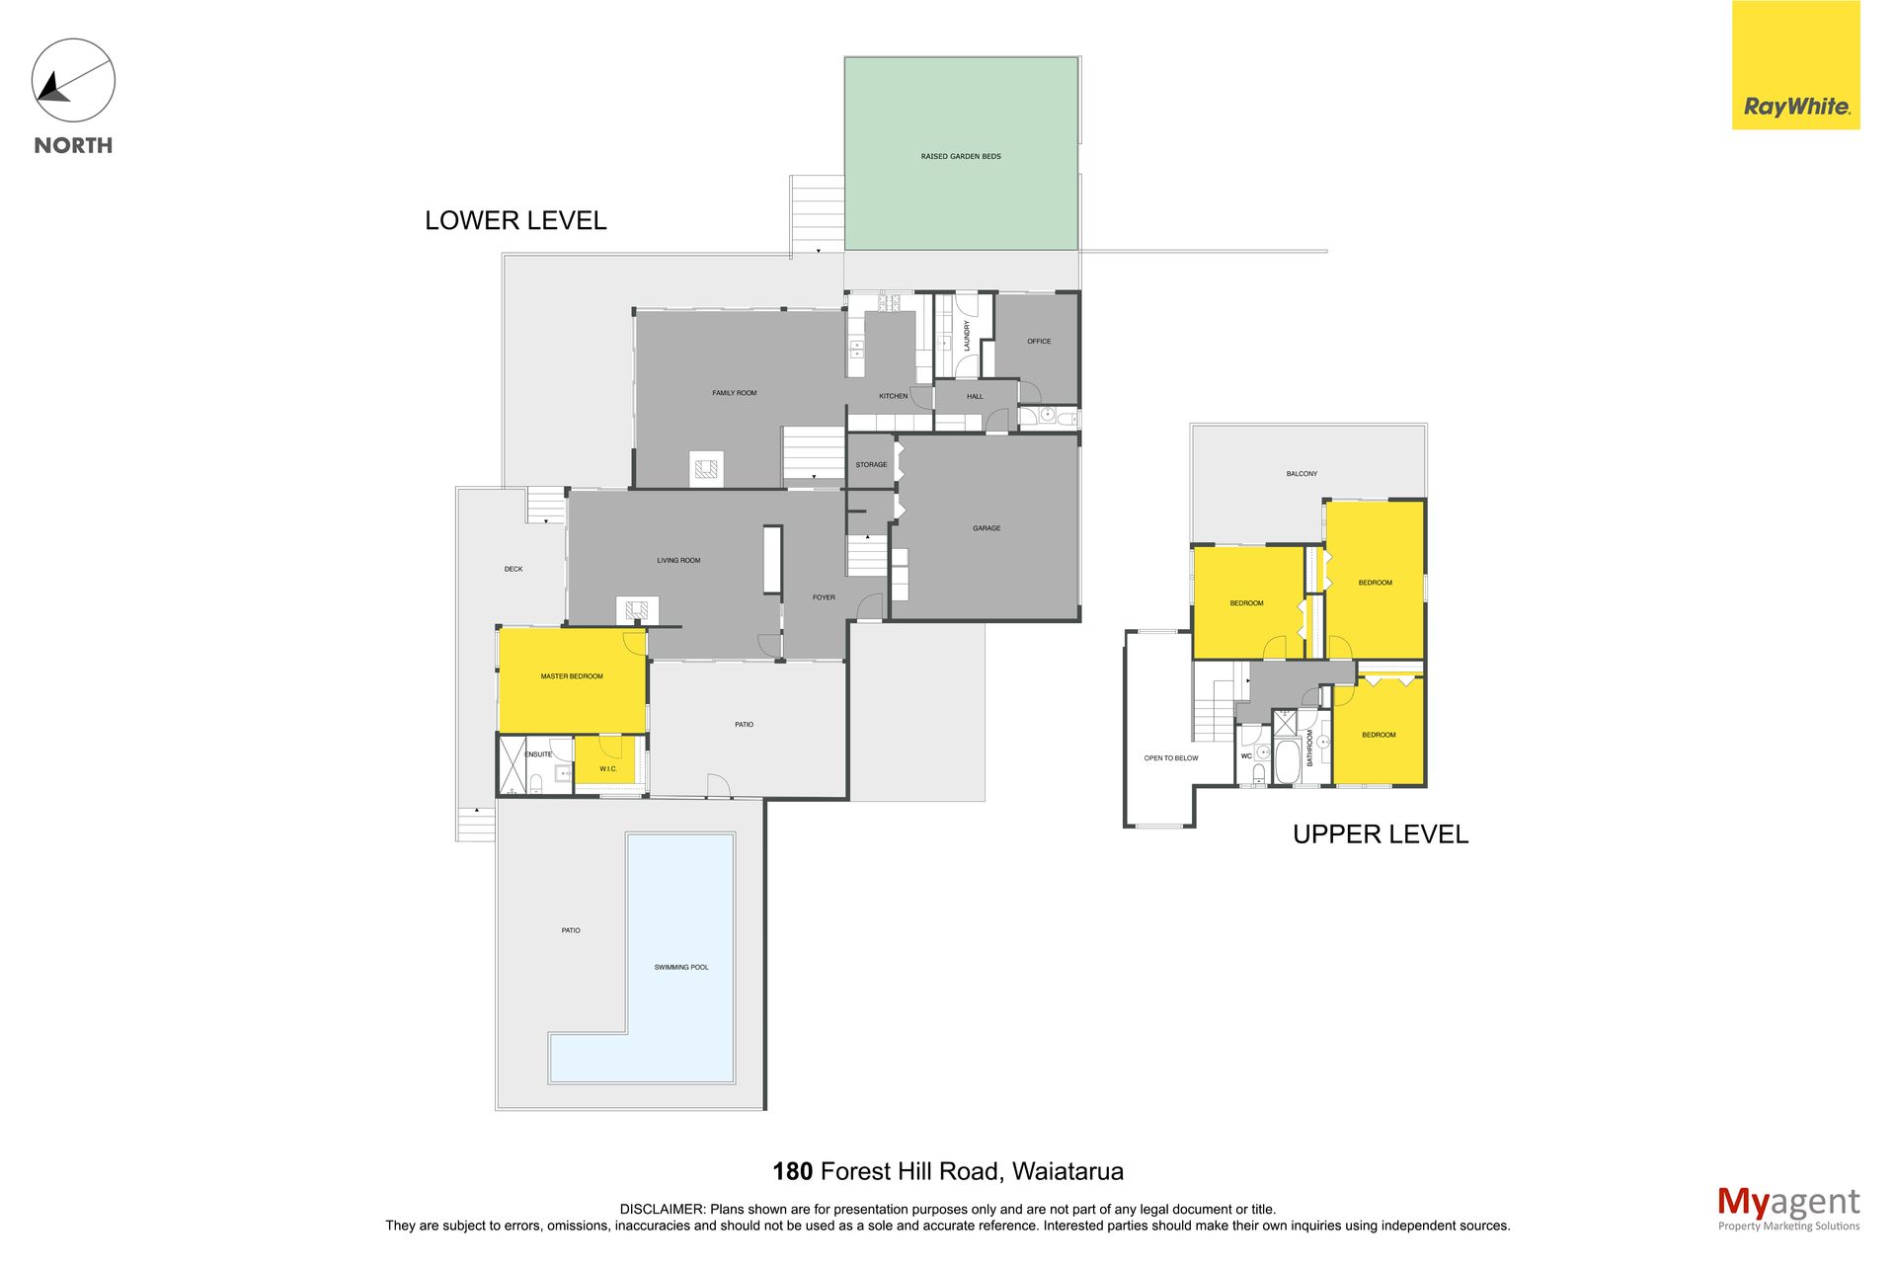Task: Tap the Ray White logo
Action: (1795, 65)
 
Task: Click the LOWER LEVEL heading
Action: (515, 220)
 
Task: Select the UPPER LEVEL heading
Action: (1381, 834)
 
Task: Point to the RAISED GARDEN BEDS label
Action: (961, 156)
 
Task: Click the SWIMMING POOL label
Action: (681, 967)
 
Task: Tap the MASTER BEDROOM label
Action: (572, 676)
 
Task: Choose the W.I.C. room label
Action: (608, 768)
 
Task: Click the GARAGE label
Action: (987, 528)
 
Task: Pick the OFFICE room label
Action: (1039, 342)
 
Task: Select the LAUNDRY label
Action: (967, 335)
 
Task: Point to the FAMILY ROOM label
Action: (735, 393)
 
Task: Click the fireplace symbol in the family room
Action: (706, 469)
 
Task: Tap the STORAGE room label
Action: (871, 464)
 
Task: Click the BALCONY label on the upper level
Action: (1302, 474)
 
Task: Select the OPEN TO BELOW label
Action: (1171, 758)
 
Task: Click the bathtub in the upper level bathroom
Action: (1287, 761)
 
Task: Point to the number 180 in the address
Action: (792, 1171)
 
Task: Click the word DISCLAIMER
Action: (662, 1209)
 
